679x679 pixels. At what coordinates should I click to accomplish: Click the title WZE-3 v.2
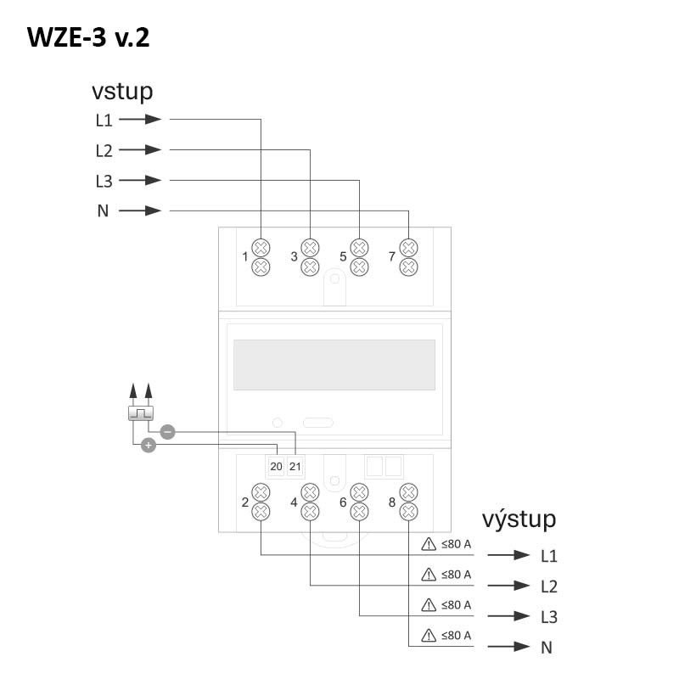89,38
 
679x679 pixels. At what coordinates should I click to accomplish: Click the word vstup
122,92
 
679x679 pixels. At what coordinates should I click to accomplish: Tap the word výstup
519,519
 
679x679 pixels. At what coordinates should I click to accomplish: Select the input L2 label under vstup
104,151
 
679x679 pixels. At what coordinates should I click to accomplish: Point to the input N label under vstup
103,211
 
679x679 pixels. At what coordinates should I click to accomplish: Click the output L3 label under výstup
548,617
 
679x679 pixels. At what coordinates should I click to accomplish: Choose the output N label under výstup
547,648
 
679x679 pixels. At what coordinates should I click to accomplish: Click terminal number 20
276,467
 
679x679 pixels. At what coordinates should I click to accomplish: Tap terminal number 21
295,467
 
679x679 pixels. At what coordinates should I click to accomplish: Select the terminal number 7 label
392,256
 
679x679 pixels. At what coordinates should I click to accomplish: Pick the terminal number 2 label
245,502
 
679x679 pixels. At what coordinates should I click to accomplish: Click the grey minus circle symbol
167,432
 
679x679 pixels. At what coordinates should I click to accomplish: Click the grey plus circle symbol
148,445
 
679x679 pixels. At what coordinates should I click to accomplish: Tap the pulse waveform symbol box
140,413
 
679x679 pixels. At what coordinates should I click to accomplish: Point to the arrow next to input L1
140,120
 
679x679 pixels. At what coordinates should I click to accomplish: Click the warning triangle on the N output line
429,635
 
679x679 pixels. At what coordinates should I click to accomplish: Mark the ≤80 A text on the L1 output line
456,544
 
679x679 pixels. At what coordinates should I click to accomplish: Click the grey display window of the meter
334,364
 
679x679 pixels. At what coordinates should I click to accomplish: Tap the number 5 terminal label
343,256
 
